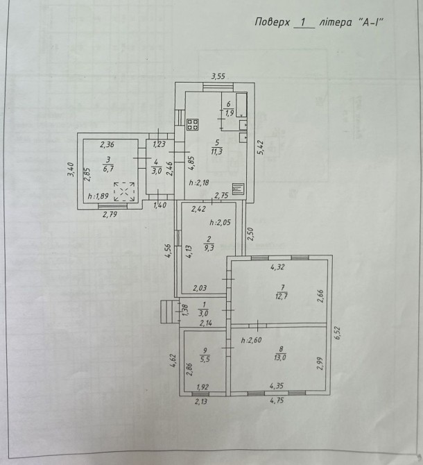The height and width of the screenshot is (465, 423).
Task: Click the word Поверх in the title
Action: coord(273,22)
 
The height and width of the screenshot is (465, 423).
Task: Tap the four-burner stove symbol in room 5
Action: coord(193,124)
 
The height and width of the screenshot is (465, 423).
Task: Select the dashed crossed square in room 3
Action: coord(124,192)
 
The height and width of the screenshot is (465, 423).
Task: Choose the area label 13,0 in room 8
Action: coord(280,357)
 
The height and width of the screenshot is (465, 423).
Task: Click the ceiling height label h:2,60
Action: coord(251,340)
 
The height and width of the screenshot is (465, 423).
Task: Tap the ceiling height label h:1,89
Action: coord(98,196)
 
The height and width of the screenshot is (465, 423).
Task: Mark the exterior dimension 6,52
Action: coord(338,333)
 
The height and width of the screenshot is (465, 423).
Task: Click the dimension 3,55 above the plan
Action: coord(218,76)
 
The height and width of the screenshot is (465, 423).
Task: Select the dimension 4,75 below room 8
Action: coord(277,400)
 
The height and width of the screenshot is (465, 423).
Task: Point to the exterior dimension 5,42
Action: coord(261,147)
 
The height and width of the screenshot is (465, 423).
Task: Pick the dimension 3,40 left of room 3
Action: coord(71,169)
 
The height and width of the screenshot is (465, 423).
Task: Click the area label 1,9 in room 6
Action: coord(230,112)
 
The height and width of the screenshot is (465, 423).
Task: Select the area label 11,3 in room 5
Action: coord(217,152)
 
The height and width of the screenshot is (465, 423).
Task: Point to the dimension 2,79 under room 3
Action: coord(110,214)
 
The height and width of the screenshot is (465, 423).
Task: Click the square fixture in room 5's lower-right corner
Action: coord(238,189)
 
